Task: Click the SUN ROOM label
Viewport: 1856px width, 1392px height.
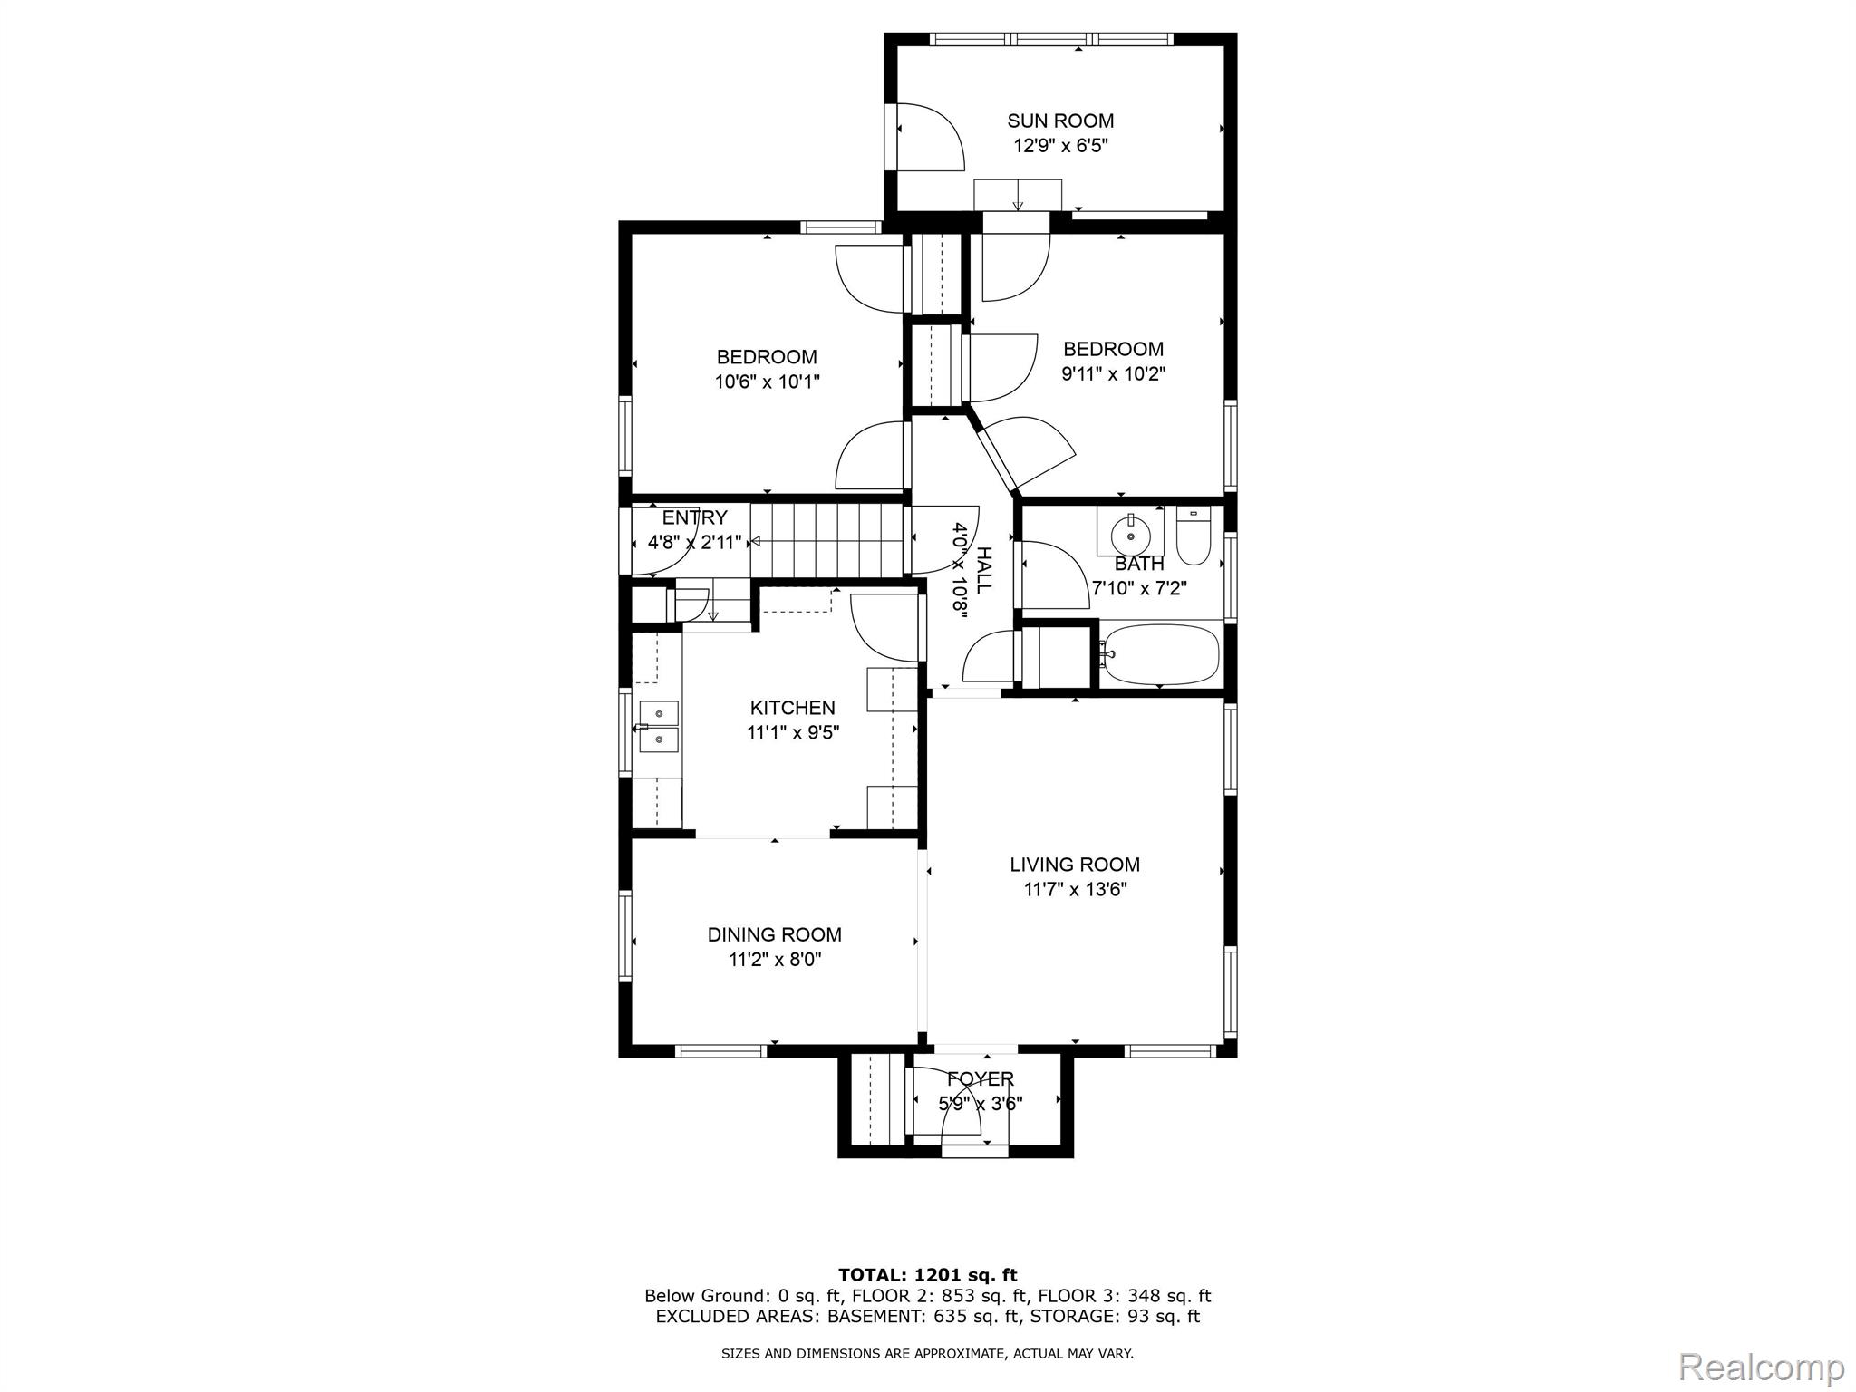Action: [1060, 121]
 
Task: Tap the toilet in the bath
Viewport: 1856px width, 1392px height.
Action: [1193, 536]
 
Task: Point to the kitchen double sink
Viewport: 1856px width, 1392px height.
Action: [659, 727]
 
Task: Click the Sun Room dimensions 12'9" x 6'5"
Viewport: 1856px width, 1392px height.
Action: [1060, 145]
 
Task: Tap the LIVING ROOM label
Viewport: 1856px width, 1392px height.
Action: [1075, 865]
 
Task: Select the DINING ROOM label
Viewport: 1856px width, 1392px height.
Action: [775, 934]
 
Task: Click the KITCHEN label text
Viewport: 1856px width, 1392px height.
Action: [793, 708]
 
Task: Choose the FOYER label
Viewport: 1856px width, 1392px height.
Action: [981, 1079]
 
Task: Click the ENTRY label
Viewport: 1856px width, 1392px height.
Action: [695, 517]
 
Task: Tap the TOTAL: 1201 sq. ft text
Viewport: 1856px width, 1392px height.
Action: [928, 1275]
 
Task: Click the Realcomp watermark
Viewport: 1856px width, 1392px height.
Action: [1763, 1366]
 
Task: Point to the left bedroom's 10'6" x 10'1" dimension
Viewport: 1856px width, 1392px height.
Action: [768, 382]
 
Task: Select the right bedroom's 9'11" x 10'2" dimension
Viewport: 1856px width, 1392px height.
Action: [1114, 373]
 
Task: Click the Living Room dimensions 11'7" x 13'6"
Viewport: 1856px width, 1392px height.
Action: [1076, 890]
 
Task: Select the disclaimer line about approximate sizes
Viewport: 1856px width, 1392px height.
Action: [928, 1354]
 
